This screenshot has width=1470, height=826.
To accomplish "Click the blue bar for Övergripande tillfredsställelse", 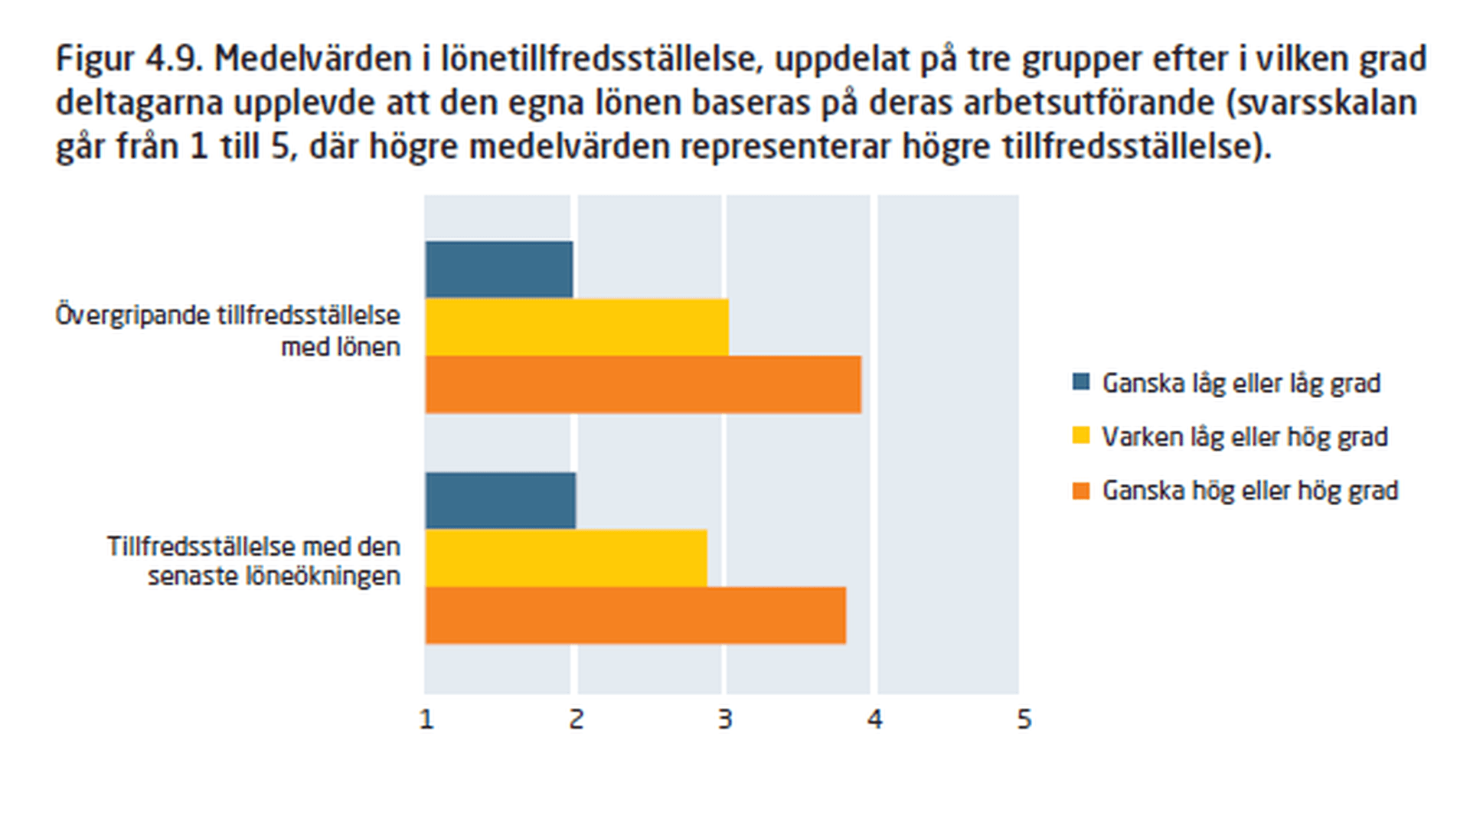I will [x=499, y=269].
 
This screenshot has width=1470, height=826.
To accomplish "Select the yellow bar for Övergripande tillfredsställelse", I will [x=577, y=327].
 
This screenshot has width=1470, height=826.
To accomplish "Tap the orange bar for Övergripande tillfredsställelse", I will [x=643, y=384].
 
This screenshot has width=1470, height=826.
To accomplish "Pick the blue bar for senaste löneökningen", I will [x=501, y=501].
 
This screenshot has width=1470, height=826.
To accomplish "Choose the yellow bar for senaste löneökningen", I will [x=566, y=558].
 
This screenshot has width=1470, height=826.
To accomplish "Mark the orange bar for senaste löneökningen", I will [x=635, y=615].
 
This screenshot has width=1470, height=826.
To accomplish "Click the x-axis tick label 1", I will [x=427, y=720].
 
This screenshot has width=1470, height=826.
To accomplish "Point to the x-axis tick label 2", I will [x=577, y=720].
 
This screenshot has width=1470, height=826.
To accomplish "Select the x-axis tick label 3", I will [x=725, y=720].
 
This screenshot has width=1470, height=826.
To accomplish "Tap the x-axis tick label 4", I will [x=874, y=720].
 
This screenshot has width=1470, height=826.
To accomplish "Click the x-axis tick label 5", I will [x=1024, y=720].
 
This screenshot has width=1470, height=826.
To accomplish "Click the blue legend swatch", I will [x=1081, y=381].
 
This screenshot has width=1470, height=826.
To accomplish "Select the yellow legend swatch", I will [x=1081, y=436].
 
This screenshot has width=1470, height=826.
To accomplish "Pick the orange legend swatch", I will [x=1081, y=490].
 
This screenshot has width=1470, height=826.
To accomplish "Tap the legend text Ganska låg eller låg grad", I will [x=1241, y=383].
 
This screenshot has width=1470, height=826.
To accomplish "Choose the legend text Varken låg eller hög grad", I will [x=1244, y=437].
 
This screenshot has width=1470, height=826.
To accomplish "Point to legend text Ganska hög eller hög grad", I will [x=1249, y=491].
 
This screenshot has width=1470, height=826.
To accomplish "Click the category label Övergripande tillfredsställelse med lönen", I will [x=228, y=331].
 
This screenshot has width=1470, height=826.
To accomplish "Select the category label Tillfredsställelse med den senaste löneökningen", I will [x=253, y=561].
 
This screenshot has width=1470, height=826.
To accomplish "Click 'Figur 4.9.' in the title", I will [x=129, y=59].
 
